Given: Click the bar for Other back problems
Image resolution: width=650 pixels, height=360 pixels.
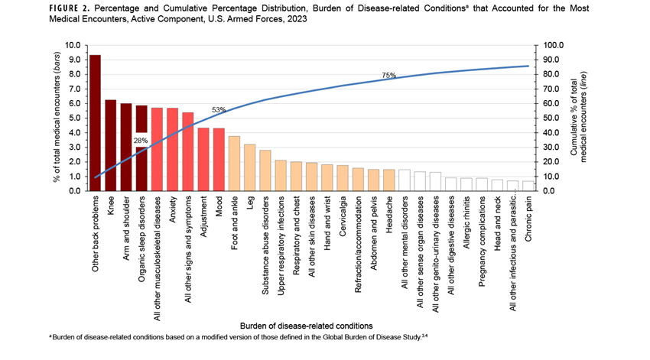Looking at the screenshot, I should (x=95, y=123).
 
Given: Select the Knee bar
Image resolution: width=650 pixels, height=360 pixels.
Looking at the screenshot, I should (x=111, y=145).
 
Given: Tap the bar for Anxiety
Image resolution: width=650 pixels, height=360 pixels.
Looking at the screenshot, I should (x=173, y=149).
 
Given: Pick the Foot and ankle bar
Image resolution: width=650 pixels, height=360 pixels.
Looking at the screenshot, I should (x=235, y=164).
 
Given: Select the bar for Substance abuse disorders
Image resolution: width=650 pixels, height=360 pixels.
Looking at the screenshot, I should (x=265, y=170).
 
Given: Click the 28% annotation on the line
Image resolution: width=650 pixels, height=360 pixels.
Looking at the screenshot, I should (x=141, y=141).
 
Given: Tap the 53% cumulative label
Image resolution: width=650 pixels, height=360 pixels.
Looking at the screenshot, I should (x=219, y=110).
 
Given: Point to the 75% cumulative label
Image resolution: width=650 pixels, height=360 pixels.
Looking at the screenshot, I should (x=389, y=76).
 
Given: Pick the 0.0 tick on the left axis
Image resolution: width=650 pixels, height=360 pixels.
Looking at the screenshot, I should (x=76, y=191).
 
